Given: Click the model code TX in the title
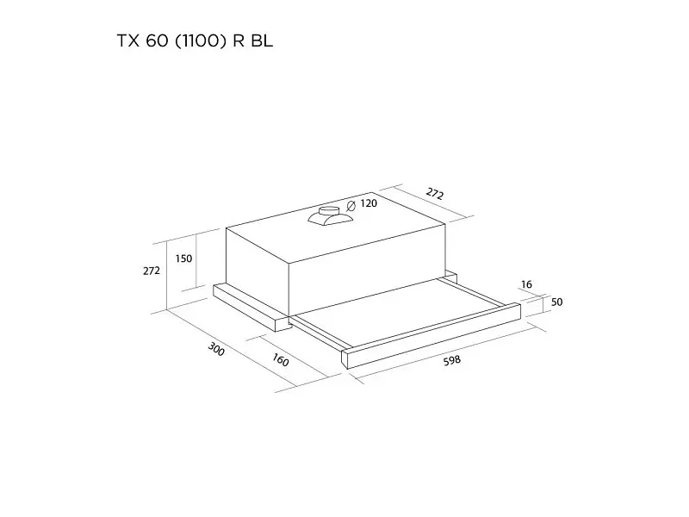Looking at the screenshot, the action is (128, 40).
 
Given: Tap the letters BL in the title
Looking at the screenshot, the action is (262, 40).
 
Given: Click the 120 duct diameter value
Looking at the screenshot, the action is (369, 203).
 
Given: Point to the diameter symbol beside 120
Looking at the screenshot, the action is (351, 206).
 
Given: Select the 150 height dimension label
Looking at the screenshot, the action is (183, 258).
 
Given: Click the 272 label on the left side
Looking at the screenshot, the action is (152, 271).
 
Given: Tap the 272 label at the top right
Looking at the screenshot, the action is (435, 193).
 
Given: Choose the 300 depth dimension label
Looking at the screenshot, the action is (216, 349).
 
